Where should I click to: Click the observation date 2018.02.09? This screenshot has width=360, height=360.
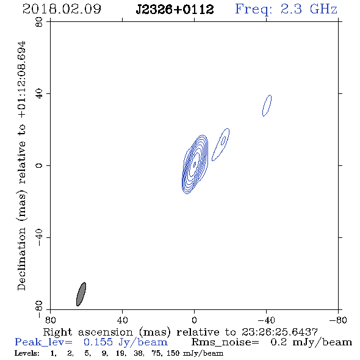[62, 9]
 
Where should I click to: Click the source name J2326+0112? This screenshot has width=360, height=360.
[175, 10]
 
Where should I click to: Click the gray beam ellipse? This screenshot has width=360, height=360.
[81, 294]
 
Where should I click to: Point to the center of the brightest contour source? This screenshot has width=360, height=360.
[195, 164]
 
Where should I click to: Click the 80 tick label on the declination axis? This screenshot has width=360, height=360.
[39, 22]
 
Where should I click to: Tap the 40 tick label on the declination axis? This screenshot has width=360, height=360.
[39, 94]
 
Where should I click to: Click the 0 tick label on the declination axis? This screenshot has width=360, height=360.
[39, 165]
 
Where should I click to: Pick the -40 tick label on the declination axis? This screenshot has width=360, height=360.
[39, 237]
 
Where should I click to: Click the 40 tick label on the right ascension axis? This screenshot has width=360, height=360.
[122, 320]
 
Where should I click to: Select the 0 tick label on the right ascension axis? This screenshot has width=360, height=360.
[194, 320]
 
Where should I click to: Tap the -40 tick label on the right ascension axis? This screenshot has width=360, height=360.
[266, 320]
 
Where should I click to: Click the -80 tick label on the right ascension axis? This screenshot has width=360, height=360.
[338, 320]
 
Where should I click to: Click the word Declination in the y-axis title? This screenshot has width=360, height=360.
[21, 259]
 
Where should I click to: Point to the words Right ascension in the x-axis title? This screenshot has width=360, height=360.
[88, 332]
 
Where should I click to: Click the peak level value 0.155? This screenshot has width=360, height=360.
[98, 342]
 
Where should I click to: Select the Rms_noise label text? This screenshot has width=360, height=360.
[225, 342]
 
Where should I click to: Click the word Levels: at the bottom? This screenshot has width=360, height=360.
[27, 353]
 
